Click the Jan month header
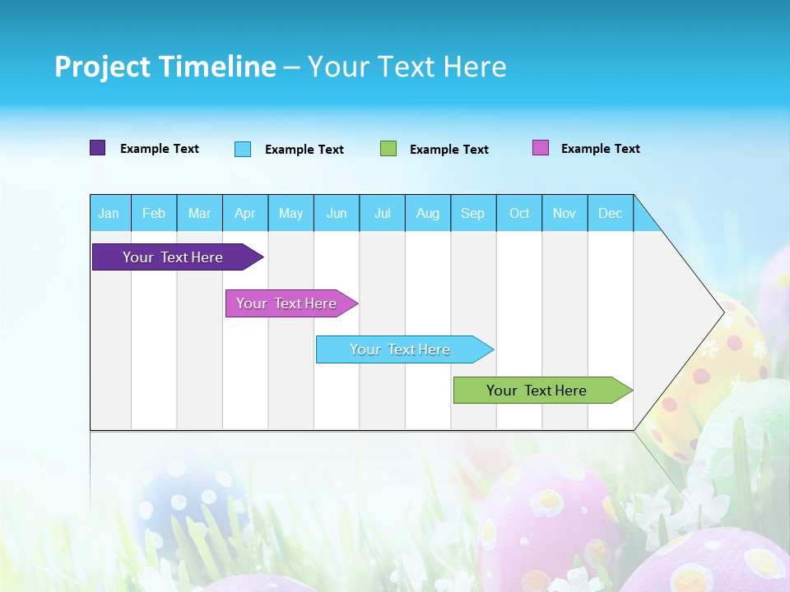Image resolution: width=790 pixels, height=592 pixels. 109,213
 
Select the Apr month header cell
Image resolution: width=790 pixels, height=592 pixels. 244,213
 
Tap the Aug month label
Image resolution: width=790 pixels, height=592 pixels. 427,213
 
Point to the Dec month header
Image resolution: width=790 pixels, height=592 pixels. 610,213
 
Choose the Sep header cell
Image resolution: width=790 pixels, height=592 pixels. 472,213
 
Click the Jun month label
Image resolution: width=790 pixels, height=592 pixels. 336,213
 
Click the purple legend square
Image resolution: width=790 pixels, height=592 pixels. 97,148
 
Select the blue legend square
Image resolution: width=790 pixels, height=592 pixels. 243,149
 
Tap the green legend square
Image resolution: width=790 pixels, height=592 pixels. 388,149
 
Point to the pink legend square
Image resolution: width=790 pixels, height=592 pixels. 541,148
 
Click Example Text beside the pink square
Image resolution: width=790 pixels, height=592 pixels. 600,149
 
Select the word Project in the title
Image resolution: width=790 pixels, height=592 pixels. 103,67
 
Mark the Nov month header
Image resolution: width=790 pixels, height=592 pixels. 564,213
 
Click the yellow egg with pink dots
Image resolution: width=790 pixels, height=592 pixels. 716,370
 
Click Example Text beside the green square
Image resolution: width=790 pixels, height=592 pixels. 448,150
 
